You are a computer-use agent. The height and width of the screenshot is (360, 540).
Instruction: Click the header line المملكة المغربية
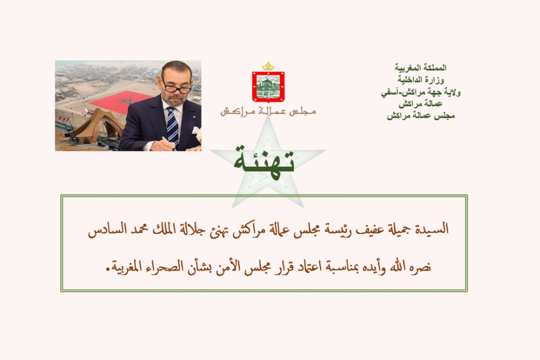point(420,67)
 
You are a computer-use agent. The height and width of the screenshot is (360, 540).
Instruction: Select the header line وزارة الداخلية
point(421,80)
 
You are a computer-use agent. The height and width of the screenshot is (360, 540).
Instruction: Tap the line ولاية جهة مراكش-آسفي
point(420,92)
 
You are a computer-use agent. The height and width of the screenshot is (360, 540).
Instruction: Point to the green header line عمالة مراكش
point(420,104)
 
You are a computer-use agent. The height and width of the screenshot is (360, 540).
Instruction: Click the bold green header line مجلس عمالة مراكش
point(420,116)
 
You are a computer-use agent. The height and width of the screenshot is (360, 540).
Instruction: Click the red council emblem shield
point(268,87)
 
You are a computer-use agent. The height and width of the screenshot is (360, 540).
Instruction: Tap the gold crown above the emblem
point(268,66)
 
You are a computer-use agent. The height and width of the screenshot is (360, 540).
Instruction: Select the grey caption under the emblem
point(268,111)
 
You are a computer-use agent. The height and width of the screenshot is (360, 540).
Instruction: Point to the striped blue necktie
point(172,125)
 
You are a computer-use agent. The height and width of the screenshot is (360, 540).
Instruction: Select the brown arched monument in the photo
point(97,127)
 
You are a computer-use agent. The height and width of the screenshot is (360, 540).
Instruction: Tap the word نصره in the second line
point(420,267)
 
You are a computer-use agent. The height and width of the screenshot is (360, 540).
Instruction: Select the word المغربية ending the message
point(127,267)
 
